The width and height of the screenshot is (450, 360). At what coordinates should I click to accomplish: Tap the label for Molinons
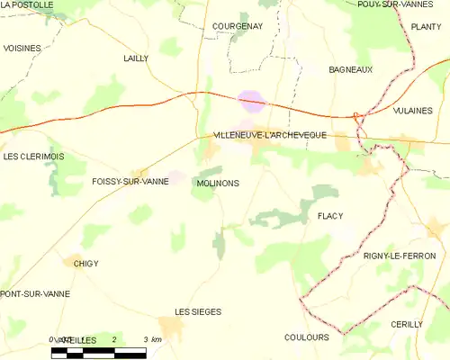(x=216, y=183)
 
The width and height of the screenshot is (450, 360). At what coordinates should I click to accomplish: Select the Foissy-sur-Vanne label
(x=130, y=182)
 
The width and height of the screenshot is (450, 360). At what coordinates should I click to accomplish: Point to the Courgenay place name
(x=237, y=27)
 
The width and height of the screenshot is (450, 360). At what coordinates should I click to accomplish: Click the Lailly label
(x=136, y=58)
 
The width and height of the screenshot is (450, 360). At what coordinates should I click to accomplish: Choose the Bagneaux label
(x=350, y=69)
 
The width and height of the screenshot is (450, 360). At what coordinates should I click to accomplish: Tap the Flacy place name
(x=331, y=217)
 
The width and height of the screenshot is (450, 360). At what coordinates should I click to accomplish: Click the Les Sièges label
(x=197, y=311)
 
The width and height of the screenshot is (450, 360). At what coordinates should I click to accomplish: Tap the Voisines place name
(x=21, y=47)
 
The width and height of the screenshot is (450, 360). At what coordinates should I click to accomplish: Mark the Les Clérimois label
(x=33, y=156)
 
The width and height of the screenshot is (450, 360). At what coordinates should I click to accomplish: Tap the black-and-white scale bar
(x=98, y=352)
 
